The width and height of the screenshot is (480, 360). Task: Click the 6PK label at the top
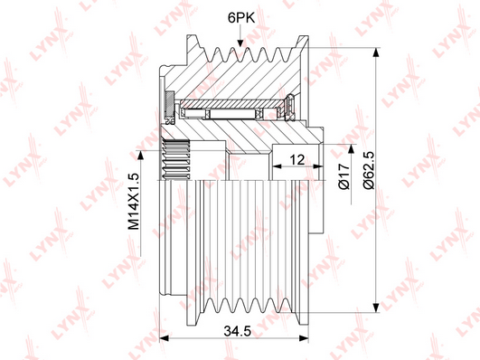coord(241,18)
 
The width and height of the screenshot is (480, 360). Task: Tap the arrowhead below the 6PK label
coord(240,43)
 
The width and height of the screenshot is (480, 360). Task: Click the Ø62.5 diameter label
coord(370,170)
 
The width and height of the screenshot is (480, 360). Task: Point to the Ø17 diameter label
coord(344,176)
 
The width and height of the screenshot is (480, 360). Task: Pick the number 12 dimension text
coord(296,159)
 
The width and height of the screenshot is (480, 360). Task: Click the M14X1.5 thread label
coord(134,202)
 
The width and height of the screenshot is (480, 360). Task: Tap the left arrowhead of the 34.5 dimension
coord(165,338)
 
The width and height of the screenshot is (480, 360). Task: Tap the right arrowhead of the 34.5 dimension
coord(304,338)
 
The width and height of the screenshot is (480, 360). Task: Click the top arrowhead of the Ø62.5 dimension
coord(376,52)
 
